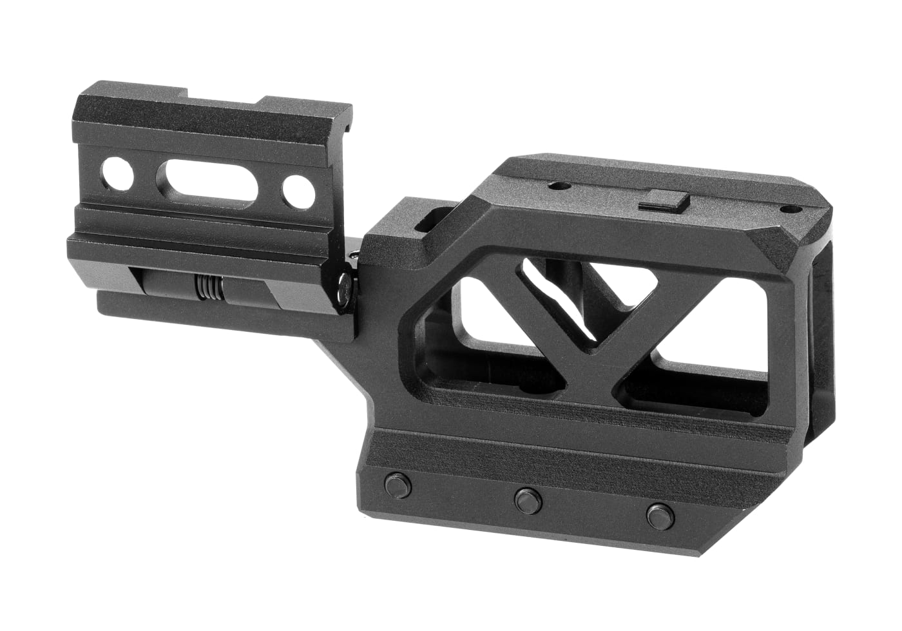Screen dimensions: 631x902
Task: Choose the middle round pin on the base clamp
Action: pyautogui.click(x=528, y=498)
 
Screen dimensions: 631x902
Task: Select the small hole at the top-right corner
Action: pyautogui.click(x=787, y=209)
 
